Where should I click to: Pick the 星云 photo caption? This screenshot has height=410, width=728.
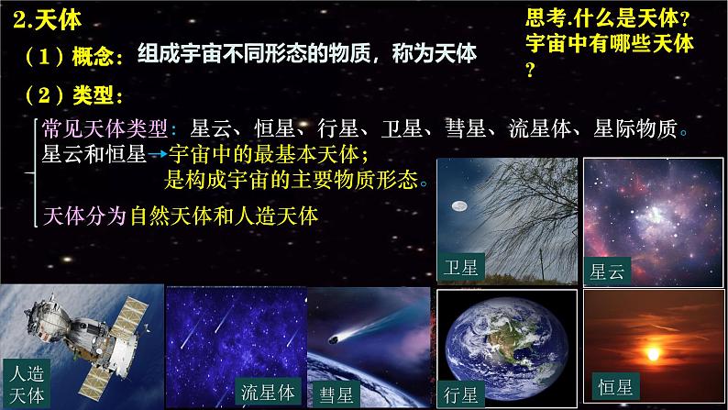[x=609, y=271]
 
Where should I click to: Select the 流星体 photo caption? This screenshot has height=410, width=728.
[x=266, y=393]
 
